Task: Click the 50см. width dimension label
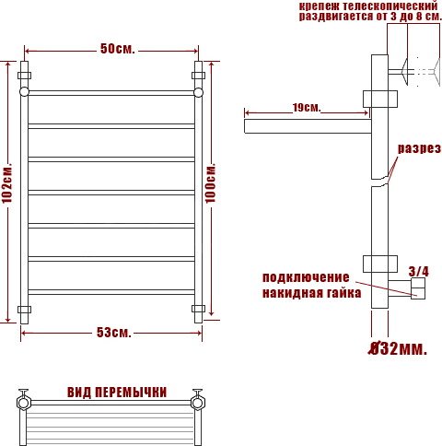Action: [118, 49]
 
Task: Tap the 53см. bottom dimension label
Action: [114, 333]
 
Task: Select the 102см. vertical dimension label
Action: [7, 183]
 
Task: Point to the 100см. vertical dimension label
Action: [211, 183]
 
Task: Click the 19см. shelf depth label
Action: [307, 108]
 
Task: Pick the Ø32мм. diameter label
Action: [398, 348]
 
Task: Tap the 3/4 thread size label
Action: [419, 271]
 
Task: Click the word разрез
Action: [419, 148]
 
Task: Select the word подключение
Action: [306, 277]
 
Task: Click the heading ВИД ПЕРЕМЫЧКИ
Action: [117, 393]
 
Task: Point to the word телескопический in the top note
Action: [390, 6]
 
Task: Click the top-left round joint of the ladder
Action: [24, 92]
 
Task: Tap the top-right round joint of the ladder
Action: [198, 92]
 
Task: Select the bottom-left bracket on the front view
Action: [24, 309]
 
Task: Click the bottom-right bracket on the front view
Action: [198, 309]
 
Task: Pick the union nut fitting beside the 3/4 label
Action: [418, 288]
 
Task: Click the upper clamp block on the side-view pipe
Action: [380, 99]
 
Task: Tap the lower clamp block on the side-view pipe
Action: [380, 264]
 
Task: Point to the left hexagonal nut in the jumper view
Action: [24, 403]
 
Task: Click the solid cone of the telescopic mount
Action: [404, 72]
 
